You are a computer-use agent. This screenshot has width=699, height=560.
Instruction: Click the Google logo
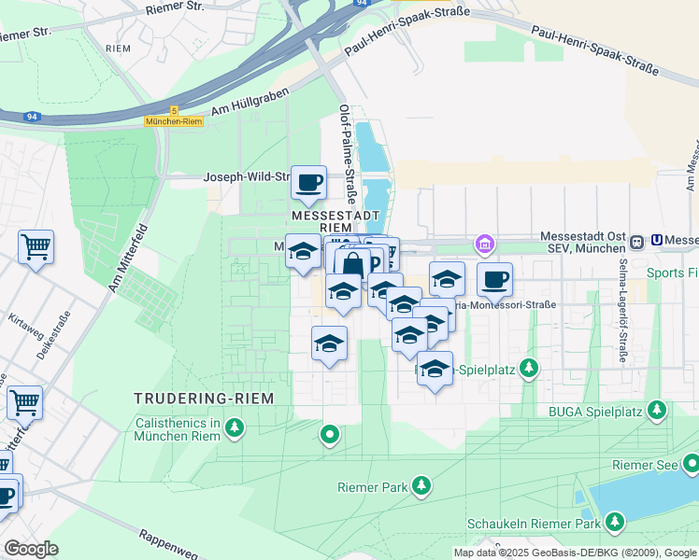(x=31, y=549)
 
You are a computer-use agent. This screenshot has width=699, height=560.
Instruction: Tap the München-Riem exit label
(x=174, y=121)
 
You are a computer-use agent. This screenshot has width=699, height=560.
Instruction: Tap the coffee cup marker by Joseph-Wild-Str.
(x=308, y=183)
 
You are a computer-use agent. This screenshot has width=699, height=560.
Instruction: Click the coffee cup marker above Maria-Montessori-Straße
(x=494, y=279)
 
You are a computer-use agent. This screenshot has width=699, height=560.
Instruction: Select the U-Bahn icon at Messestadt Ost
(x=637, y=242)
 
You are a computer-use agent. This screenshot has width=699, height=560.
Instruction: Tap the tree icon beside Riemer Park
(x=421, y=485)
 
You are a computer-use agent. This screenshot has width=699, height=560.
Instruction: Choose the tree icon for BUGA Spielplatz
(x=659, y=410)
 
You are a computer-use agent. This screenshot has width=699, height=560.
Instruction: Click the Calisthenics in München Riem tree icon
(x=234, y=428)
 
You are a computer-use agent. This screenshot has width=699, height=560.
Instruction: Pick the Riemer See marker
(x=690, y=463)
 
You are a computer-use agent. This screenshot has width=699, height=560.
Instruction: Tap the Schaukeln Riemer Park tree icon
(x=615, y=521)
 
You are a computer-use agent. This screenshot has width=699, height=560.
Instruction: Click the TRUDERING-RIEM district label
(x=205, y=399)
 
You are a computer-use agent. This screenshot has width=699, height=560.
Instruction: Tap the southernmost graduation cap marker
(x=435, y=369)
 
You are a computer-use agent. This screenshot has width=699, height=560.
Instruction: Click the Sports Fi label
(x=673, y=273)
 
